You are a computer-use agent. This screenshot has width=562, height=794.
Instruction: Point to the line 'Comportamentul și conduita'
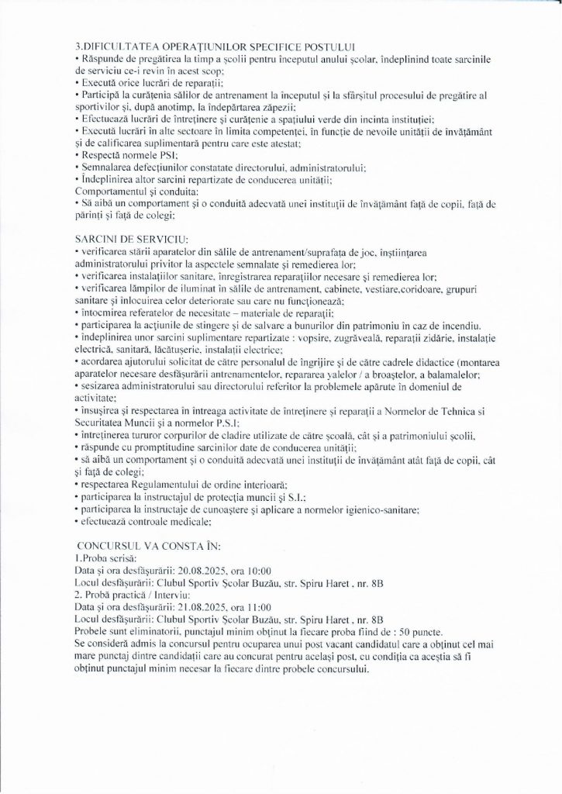pyautogui.click(x=135, y=190)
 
